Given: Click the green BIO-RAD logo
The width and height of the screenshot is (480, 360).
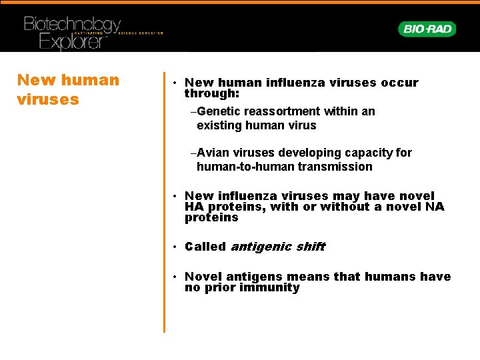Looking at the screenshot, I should click(427, 29).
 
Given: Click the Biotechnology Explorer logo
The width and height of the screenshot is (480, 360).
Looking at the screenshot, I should click(73, 33).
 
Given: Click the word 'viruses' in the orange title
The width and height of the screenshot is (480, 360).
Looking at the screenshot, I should click(48, 99).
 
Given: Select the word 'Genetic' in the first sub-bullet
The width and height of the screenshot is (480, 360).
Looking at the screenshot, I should click(218, 111).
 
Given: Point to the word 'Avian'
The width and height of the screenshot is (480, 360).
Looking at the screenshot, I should click(213, 153).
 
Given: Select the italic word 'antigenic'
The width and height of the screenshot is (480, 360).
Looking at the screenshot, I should click(261, 247).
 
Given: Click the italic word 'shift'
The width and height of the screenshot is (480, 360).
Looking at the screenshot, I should click(310, 247).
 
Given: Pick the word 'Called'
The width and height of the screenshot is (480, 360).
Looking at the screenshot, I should click(205, 247).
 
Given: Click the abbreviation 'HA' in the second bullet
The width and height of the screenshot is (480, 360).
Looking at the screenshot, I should click(194, 207).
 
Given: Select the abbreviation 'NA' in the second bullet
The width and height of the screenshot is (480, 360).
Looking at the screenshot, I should click(434, 207).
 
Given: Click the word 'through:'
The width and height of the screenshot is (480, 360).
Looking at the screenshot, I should click(207, 94).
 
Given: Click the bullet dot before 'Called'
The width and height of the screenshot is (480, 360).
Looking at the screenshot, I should click(172, 247).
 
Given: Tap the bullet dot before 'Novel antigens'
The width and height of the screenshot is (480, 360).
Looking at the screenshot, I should click(172, 277).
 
